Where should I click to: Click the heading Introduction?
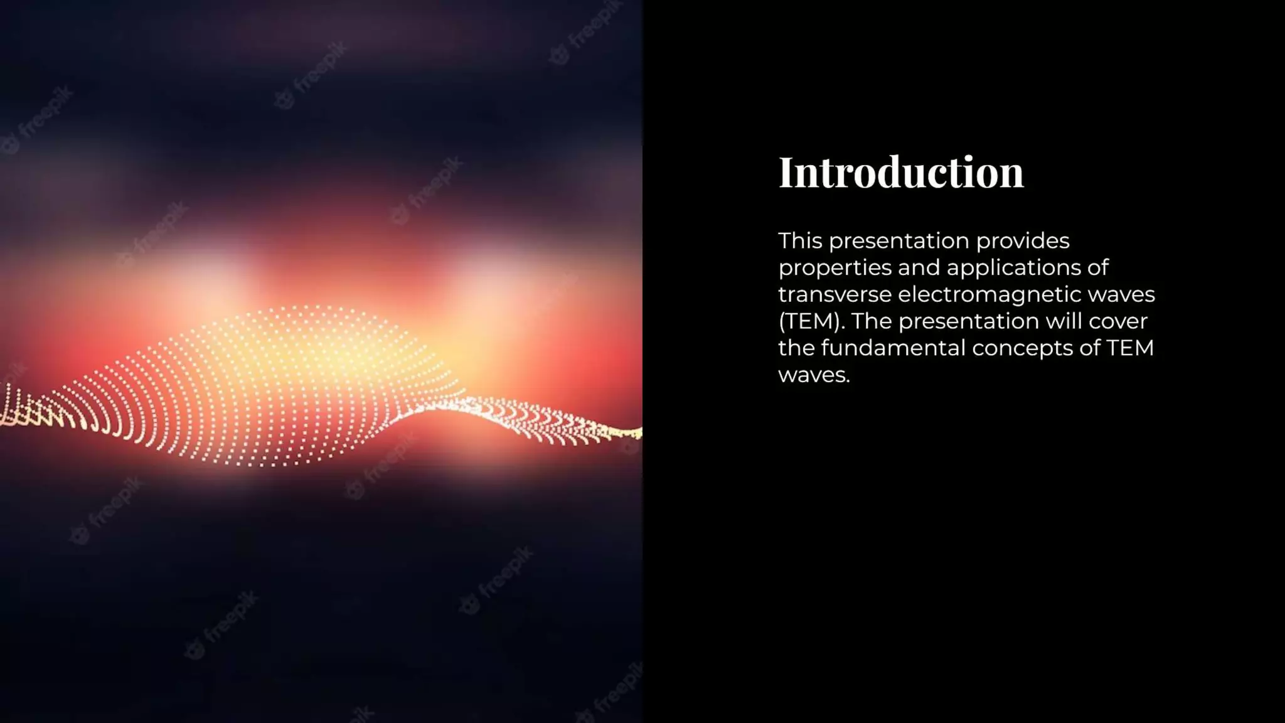click(901, 172)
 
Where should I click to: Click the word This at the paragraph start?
click(800, 241)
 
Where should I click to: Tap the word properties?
click(834, 268)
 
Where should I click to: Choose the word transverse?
click(834, 294)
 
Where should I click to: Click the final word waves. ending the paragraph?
click(814, 375)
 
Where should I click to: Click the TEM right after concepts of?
click(1129, 348)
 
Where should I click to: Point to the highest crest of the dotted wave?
click(307, 309)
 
